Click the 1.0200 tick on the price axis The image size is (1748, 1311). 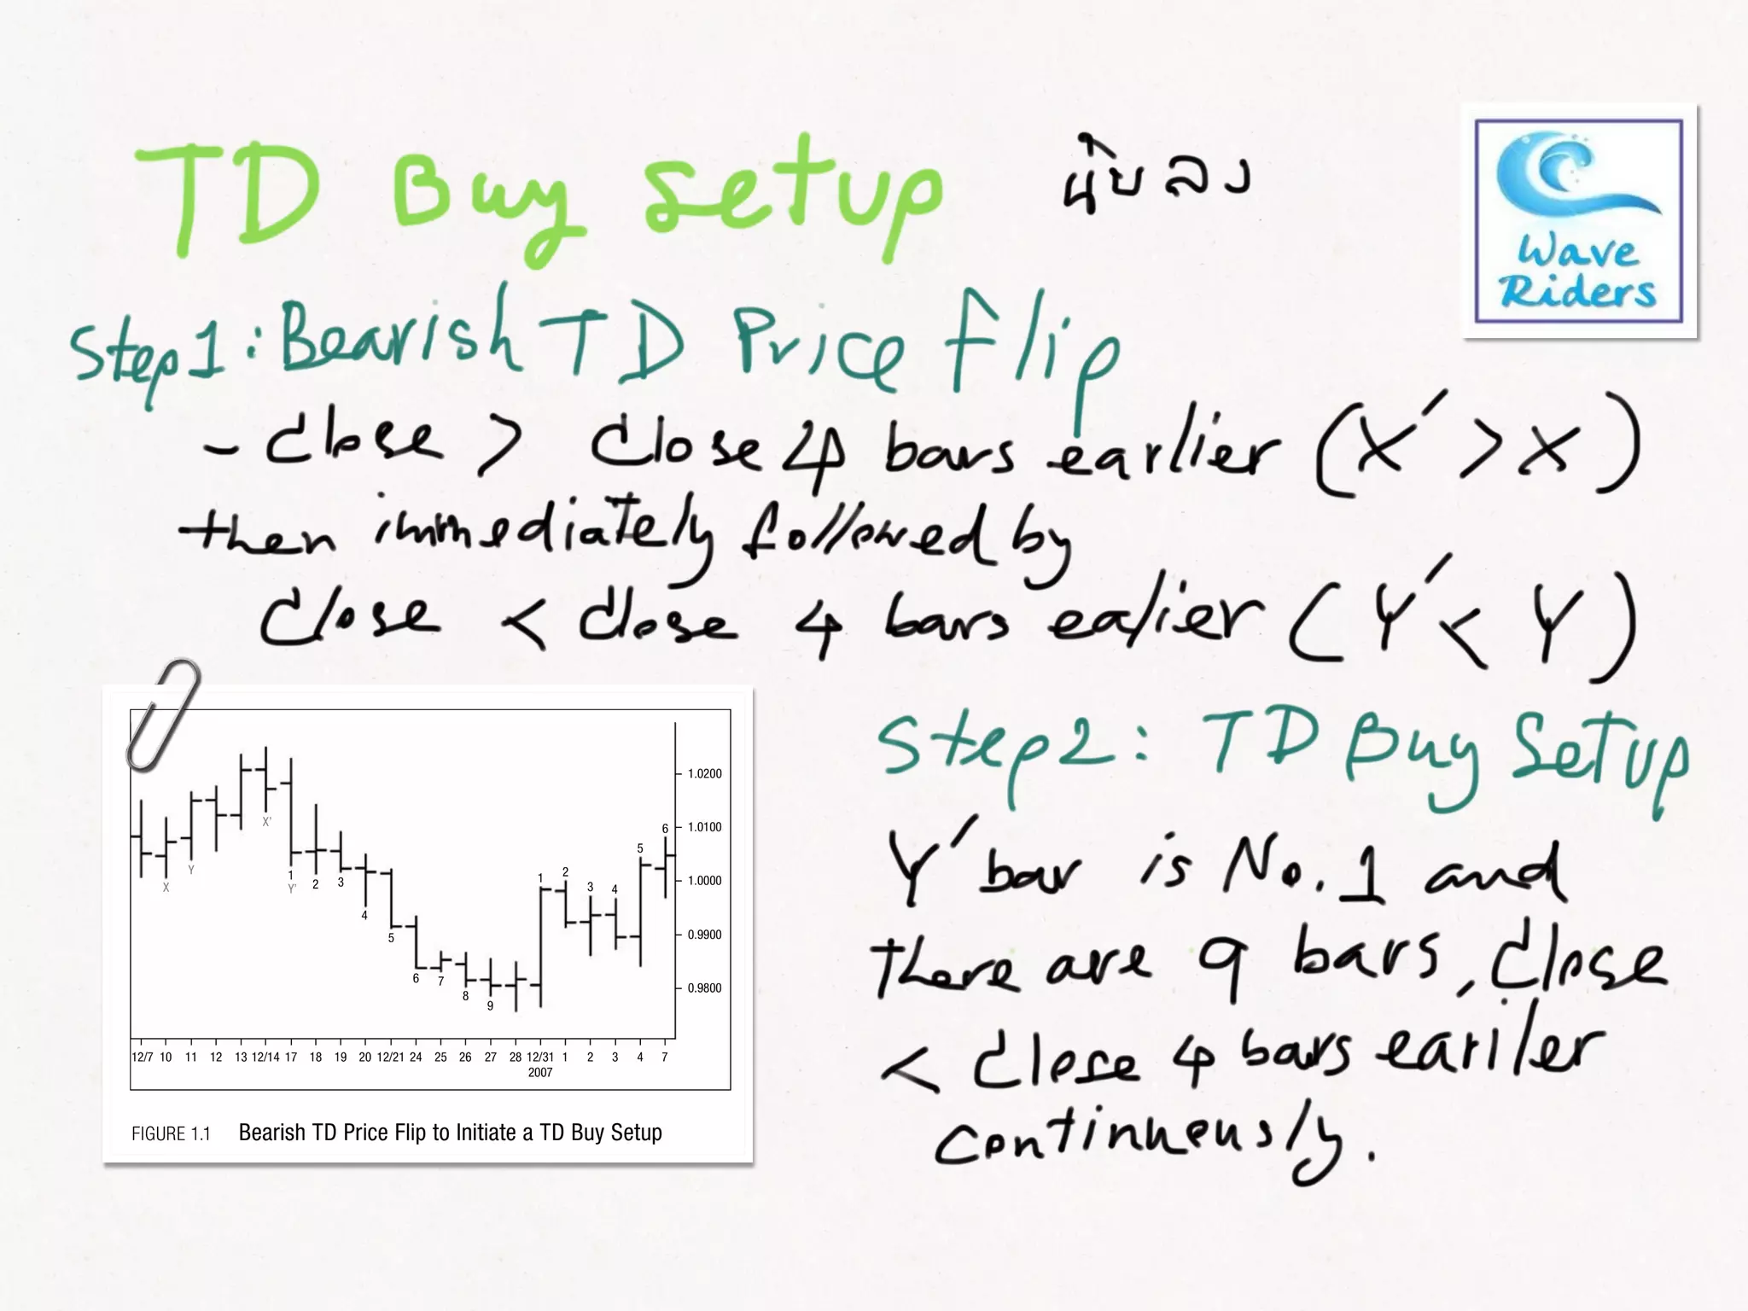(x=704, y=774)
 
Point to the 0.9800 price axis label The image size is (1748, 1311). (x=704, y=988)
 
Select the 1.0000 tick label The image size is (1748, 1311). (x=704, y=881)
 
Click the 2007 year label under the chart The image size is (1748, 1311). (x=539, y=1073)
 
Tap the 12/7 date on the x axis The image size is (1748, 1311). (x=142, y=1058)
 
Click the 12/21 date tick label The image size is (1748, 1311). (x=390, y=1058)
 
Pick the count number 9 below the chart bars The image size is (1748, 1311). (x=490, y=1006)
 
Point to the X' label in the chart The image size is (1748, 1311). (x=267, y=822)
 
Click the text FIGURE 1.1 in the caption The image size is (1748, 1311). (x=171, y=1134)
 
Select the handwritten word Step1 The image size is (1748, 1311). (x=149, y=354)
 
